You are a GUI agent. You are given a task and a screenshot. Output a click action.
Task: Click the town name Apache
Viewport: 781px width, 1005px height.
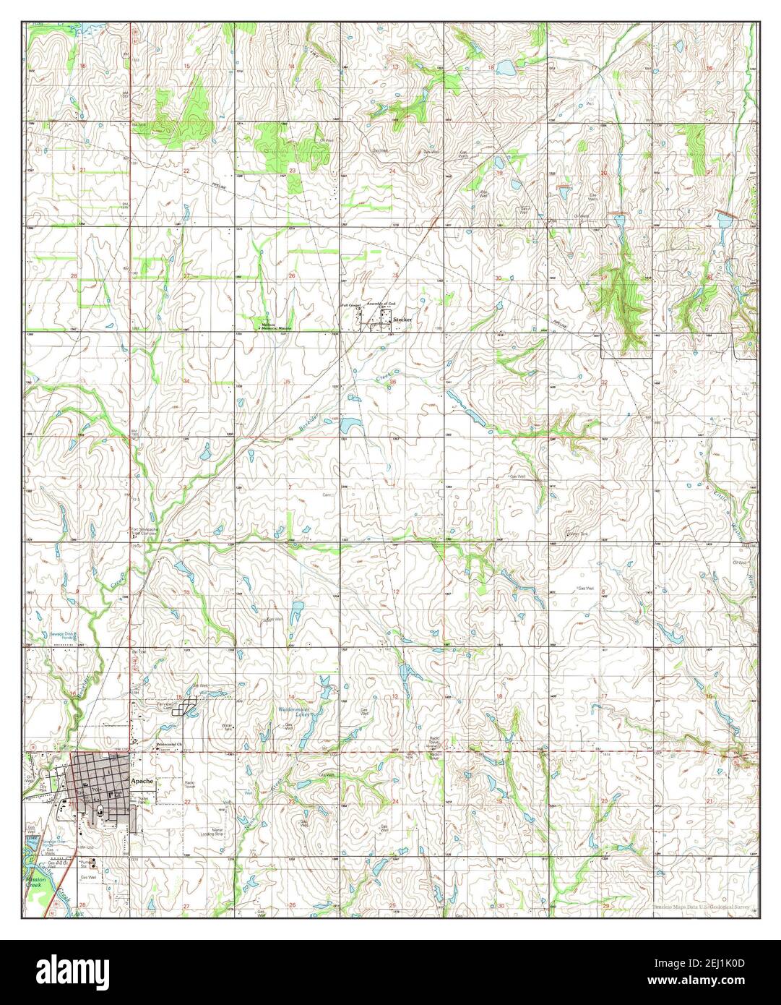coord(142,782)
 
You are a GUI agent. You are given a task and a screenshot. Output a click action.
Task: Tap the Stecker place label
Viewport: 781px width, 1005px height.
coord(402,318)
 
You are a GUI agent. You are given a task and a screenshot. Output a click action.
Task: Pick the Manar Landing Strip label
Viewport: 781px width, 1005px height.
coord(202,831)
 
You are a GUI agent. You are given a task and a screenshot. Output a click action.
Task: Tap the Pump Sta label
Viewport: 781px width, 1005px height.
coord(88,863)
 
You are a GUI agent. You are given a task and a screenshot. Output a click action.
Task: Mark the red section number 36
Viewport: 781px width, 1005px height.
coord(393,382)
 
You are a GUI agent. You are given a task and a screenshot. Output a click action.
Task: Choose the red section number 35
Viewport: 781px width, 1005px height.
coord(288,382)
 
